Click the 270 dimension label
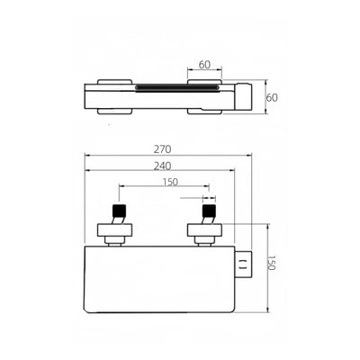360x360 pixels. [162, 149]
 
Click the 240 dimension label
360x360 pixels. [162, 166]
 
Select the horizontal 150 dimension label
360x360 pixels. [170, 182]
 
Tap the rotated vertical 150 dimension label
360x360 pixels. [271, 263]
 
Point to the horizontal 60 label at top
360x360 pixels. [204, 65]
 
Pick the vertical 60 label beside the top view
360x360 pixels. [272, 98]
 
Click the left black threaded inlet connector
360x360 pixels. [119, 211]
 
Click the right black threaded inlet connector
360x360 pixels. [209, 211]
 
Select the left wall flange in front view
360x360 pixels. [115, 229]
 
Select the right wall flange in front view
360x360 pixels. [205, 229]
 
